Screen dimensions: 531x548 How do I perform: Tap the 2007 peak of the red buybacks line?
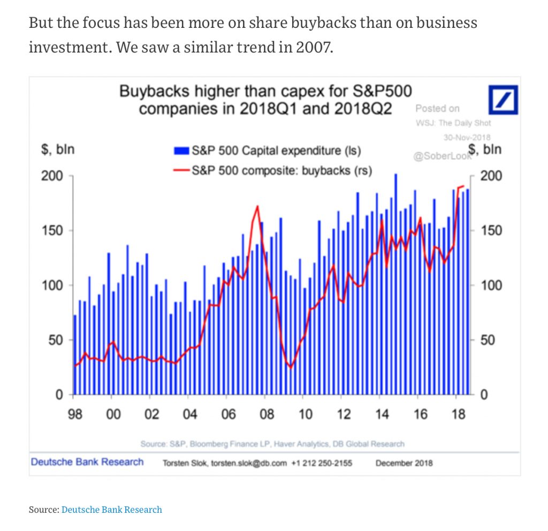(x=257, y=206)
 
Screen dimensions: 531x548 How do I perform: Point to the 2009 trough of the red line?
(x=291, y=367)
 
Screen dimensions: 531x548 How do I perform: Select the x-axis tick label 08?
(x=267, y=414)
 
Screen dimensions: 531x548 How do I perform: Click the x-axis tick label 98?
(x=75, y=414)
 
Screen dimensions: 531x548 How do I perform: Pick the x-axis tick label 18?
(x=458, y=414)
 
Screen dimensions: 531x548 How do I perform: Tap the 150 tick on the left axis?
(x=52, y=231)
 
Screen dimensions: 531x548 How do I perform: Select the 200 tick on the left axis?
(x=52, y=176)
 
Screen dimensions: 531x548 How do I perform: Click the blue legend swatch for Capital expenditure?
(x=182, y=151)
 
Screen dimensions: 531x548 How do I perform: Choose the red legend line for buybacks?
(x=182, y=171)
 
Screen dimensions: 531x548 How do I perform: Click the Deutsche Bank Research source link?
(x=111, y=509)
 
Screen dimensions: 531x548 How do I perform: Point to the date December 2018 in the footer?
(x=404, y=463)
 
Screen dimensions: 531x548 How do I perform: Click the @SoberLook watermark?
(x=442, y=156)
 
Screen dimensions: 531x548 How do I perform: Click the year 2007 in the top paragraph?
(x=314, y=47)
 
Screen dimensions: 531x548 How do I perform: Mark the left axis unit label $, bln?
(x=58, y=149)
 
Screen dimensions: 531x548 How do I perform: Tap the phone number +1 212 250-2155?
(x=322, y=463)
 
